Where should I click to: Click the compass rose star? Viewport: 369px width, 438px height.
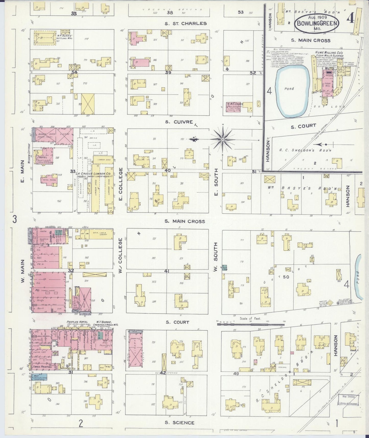pyautogui.click(x=223, y=140)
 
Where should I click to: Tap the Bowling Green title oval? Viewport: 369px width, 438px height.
pyautogui.click(x=317, y=23)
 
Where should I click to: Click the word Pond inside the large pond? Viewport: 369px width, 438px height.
pyautogui.click(x=289, y=89)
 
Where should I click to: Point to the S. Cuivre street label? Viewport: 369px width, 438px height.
pyautogui.click(x=179, y=122)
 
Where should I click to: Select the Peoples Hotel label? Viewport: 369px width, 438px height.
pyautogui.click(x=77, y=322)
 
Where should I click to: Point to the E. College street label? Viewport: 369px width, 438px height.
pyautogui.click(x=121, y=184)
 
